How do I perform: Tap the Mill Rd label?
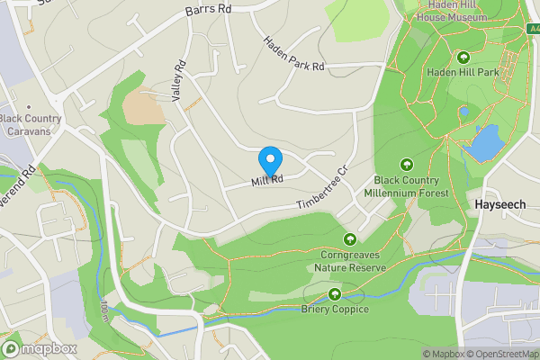[267, 181]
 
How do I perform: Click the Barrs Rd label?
[208, 10]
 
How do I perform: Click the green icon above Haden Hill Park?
[465, 57]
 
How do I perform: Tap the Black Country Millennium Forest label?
[406, 185]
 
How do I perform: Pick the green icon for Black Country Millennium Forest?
[406, 164]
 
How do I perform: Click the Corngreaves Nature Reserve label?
[350, 261]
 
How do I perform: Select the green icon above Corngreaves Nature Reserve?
[350, 239]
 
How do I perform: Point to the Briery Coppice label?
[335, 310]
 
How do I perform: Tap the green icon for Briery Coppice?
[335, 294]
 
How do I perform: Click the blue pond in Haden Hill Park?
[487, 141]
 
